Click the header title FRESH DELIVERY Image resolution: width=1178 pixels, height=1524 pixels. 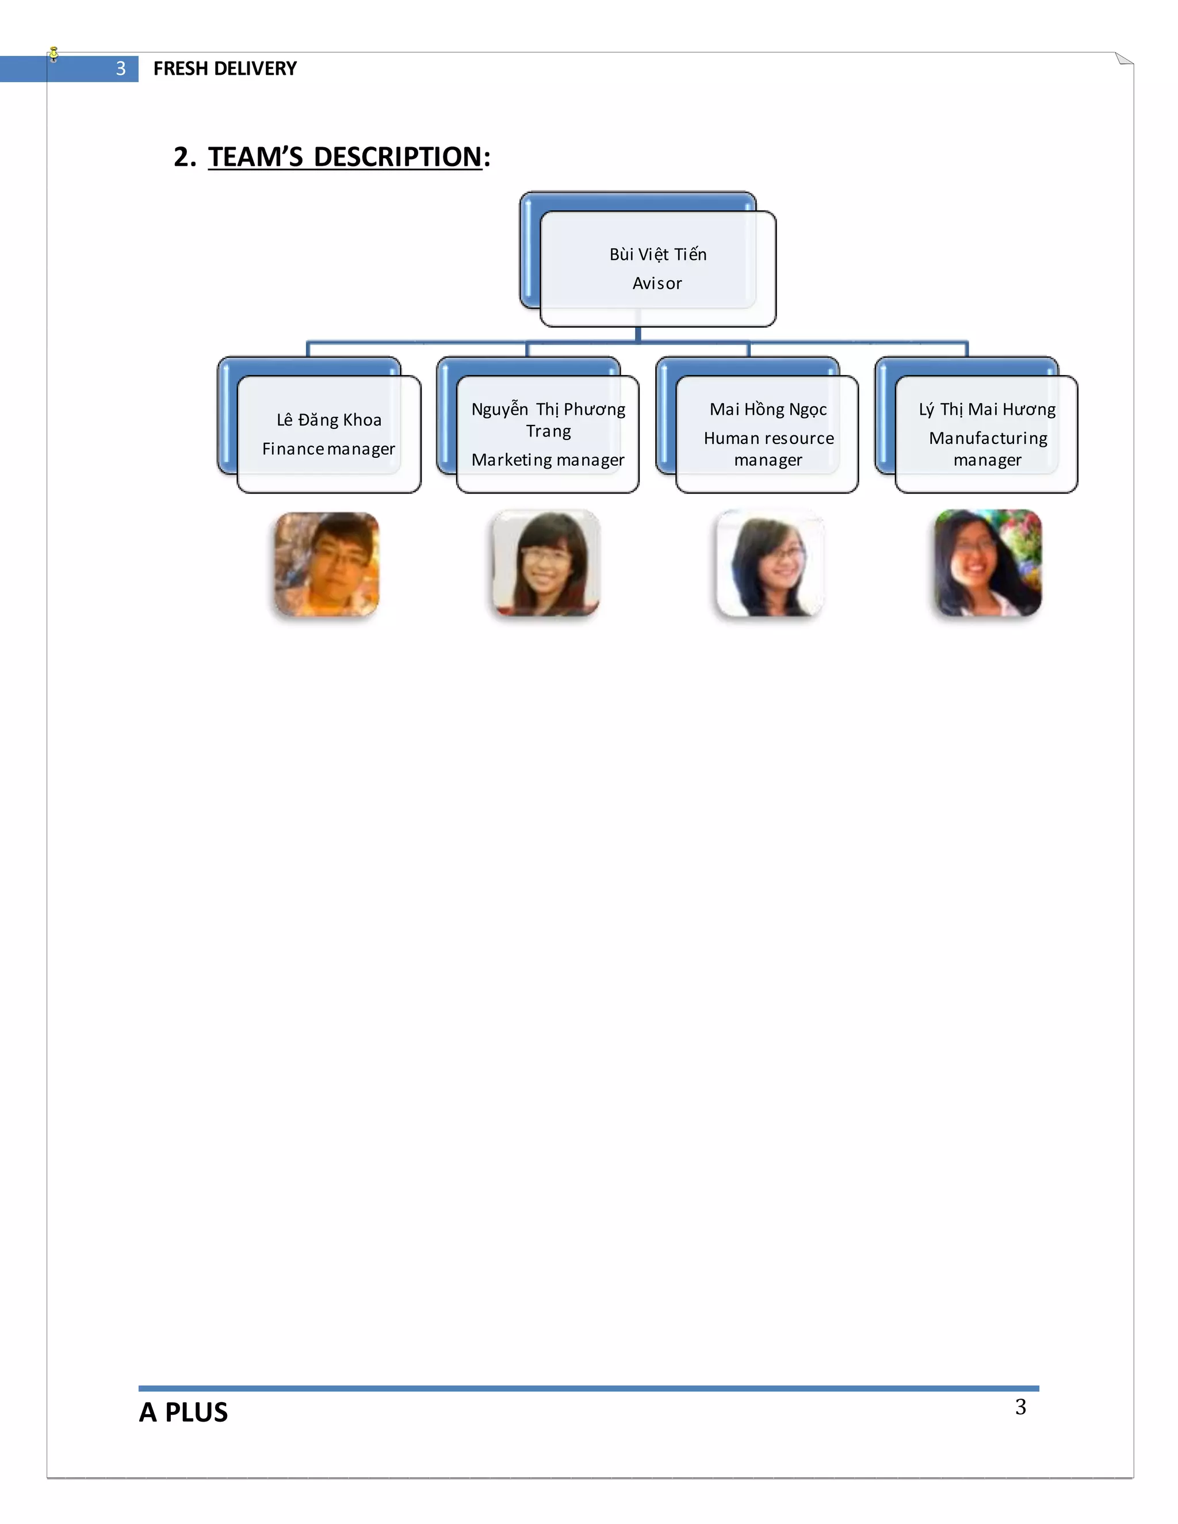(225, 68)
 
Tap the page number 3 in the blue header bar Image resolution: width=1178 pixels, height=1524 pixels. (121, 68)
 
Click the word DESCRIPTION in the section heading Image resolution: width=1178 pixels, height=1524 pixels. (398, 157)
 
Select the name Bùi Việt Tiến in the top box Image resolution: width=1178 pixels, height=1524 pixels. (657, 255)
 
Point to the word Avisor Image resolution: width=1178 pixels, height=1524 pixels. (657, 284)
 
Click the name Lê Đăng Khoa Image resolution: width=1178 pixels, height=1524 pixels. (328, 420)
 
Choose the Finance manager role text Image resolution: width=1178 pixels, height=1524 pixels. (328, 449)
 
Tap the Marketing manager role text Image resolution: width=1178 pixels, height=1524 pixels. (547, 460)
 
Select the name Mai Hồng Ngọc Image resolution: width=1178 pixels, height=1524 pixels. (768, 409)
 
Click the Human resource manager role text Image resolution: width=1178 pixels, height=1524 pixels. (768, 449)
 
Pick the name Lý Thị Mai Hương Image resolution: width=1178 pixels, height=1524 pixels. (987, 409)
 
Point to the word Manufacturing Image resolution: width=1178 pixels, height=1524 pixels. (988, 438)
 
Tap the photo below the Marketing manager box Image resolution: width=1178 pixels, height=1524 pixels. (546, 563)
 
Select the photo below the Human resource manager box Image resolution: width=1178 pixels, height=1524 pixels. (769, 563)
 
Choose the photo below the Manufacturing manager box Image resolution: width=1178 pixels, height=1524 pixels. (988, 563)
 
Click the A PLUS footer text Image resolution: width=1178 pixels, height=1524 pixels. (183, 1412)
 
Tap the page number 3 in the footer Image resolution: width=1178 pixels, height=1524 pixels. (1020, 1407)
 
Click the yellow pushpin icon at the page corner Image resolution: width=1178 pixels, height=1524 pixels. (53, 53)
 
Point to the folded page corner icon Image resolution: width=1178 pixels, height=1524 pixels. (1123, 59)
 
